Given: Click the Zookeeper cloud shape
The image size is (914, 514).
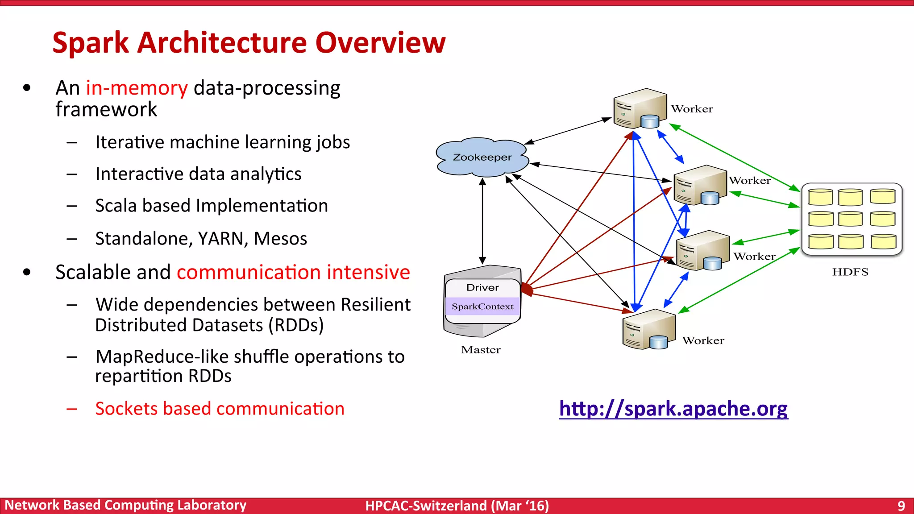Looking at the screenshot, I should [x=482, y=157].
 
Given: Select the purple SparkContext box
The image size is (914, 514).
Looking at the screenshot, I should [x=482, y=307].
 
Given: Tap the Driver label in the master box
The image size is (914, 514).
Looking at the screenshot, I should [x=482, y=288].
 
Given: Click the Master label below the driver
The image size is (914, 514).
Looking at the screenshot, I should [x=481, y=350].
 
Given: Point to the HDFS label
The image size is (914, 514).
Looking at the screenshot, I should [x=850, y=272].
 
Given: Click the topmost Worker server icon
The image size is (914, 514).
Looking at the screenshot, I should [x=640, y=108].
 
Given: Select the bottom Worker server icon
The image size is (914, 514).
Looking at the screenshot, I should [x=648, y=329].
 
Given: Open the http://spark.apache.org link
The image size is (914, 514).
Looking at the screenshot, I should [x=673, y=408].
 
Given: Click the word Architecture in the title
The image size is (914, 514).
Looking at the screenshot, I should [x=222, y=43].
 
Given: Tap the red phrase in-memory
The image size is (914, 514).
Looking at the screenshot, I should [x=137, y=88].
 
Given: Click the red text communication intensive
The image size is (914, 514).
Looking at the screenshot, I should [x=293, y=272].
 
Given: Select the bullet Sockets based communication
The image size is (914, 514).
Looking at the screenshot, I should [x=220, y=409].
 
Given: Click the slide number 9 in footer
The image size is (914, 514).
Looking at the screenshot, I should [x=901, y=506].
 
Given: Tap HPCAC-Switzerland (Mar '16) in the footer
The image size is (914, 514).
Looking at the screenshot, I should [x=457, y=506].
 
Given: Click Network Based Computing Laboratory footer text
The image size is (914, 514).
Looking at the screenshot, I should [x=125, y=505].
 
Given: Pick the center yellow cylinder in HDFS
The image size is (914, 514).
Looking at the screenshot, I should [x=850, y=219].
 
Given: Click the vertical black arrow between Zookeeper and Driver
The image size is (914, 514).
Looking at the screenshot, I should [x=482, y=221].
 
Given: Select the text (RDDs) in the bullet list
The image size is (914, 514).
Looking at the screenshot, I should [x=296, y=325].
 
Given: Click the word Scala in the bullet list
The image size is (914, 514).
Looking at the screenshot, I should [x=116, y=206].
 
